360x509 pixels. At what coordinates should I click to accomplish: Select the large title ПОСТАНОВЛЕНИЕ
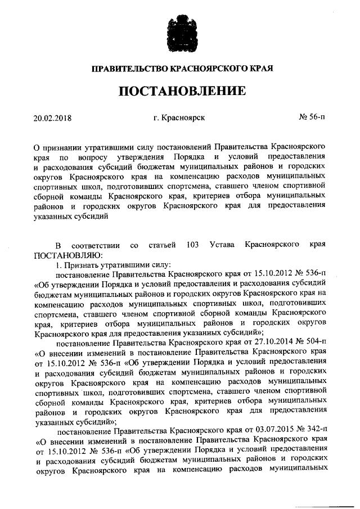pos(180,92)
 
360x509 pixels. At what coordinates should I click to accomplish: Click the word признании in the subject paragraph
pos(64,147)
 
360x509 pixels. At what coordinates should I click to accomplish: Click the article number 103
pos(191,246)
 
